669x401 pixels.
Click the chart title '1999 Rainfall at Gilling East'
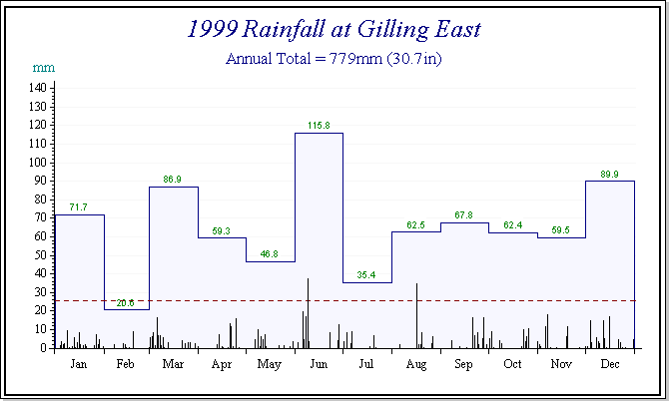[x=334, y=29]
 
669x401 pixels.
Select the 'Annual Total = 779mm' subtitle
[x=334, y=59]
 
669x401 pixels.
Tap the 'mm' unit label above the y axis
[x=44, y=68]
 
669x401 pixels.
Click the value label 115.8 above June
[x=319, y=125]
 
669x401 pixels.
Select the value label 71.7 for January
[x=78, y=206]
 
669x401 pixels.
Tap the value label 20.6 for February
[x=126, y=302]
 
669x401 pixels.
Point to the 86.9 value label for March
[x=173, y=180]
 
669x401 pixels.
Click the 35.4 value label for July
[x=366, y=274]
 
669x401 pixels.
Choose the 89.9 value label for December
[x=608, y=174]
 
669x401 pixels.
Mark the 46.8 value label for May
[x=270, y=253]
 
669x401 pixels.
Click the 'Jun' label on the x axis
[x=319, y=365]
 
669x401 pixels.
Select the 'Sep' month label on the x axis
[x=463, y=365]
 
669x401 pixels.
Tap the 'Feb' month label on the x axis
[x=126, y=365]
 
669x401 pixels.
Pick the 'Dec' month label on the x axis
[x=608, y=365]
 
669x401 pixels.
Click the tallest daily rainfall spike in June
[x=308, y=299]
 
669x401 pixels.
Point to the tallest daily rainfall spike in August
[x=416, y=304]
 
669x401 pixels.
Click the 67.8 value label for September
[x=463, y=214]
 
